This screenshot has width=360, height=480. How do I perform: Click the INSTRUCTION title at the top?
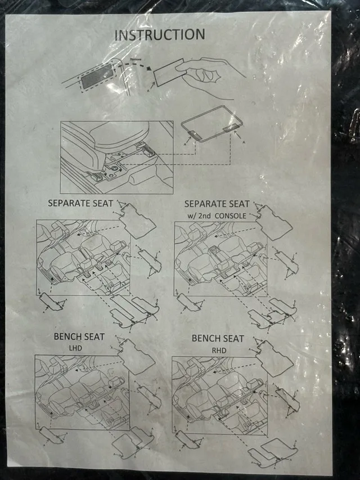(160, 34)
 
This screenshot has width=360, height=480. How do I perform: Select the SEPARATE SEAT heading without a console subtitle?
(80, 203)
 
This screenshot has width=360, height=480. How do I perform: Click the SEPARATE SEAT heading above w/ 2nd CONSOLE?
(217, 203)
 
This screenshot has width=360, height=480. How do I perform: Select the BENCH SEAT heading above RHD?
(218, 338)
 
